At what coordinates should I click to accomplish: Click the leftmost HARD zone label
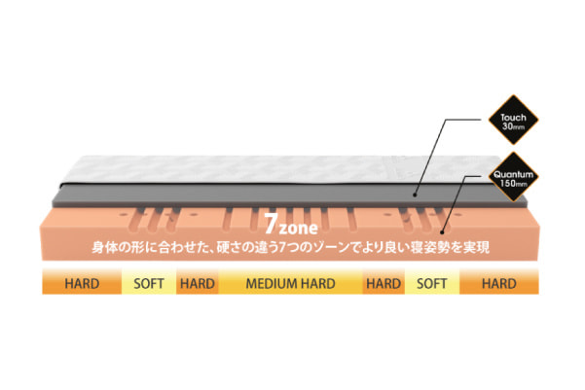click(x=82, y=284)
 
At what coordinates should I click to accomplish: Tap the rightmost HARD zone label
click(x=498, y=284)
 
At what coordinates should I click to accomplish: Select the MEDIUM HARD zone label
click(x=290, y=284)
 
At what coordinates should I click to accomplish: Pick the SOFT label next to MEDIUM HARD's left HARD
click(x=149, y=284)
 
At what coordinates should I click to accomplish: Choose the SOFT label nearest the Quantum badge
click(x=431, y=284)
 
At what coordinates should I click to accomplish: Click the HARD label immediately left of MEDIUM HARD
click(x=198, y=284)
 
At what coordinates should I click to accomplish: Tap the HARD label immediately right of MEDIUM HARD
click(x=384, y=284)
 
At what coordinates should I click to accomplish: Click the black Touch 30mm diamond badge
click(x=513, y=120)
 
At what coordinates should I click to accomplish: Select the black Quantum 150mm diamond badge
click(x=513, y=177)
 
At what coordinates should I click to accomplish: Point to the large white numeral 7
click(x=271, y=224)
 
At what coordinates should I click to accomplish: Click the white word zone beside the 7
click(x=299, y=228)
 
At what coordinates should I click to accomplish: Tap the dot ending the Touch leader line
click(x=415, y=195)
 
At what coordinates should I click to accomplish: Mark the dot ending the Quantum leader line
click(x=442, y=232)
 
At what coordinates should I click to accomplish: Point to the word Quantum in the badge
click(x=513, y=174)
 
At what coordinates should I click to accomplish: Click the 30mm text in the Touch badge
click(x=513, y=126)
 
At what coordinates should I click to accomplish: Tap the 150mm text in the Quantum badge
click(x=513, y=184)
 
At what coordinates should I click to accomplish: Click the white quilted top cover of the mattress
click(x=283, y=169)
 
